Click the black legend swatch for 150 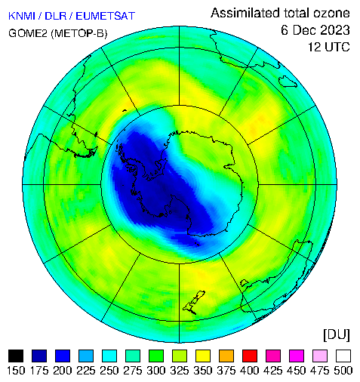16,356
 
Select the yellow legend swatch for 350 203,356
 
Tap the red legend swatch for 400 250,356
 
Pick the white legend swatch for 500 343,356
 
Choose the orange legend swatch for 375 226,356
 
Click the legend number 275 133,371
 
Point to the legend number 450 297,371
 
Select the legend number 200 63,371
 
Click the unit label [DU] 337,334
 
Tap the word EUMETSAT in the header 106,16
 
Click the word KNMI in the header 22,16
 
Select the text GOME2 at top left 28,33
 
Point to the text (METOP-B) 79,33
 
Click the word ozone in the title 331,13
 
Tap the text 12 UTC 329,47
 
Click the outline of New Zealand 194,303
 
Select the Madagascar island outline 288,81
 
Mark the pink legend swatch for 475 320,356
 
